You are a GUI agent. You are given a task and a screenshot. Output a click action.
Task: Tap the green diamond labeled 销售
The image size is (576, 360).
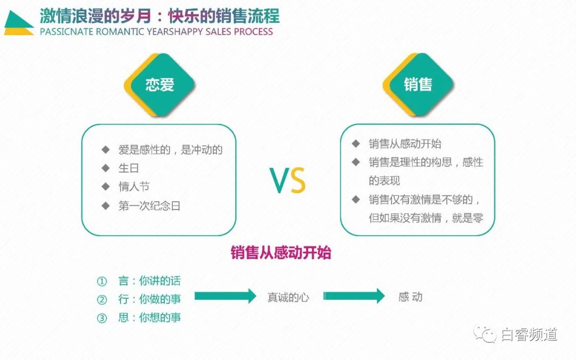418,85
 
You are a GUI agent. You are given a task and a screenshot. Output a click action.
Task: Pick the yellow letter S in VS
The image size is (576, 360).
298,181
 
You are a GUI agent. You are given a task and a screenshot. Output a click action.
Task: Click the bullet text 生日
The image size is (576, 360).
129,169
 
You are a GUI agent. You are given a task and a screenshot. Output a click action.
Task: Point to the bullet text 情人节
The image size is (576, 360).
134,187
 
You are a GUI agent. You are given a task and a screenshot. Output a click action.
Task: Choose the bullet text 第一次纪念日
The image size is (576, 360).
149,206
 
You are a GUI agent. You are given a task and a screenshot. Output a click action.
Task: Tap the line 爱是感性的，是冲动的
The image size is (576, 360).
170,150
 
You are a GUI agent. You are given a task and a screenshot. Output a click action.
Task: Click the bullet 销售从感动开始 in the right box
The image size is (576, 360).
405,144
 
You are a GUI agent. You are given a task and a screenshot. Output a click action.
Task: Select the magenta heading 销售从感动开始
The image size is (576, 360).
281,253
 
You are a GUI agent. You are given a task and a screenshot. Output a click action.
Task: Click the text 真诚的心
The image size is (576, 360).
288,297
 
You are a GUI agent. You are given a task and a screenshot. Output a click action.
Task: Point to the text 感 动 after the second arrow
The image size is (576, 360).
410,297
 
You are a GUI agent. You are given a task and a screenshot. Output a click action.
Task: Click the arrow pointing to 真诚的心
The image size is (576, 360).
225,296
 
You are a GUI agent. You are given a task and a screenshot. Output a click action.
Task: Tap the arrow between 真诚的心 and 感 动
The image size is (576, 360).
354,296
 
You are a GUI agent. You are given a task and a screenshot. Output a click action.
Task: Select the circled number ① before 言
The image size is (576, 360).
102,281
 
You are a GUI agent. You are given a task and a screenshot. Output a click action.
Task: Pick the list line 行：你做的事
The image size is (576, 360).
149,299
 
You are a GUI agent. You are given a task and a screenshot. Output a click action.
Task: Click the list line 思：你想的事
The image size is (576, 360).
149,317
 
